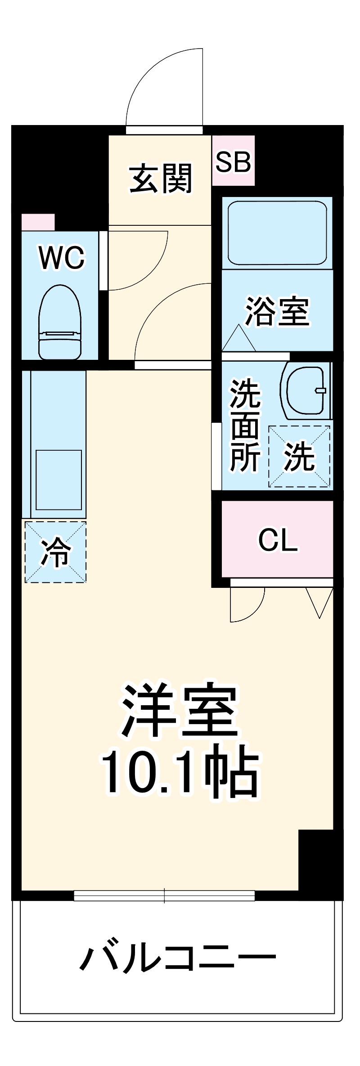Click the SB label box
tap(233, 161)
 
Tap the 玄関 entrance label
tap(161, 179)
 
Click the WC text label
tap(62, 258)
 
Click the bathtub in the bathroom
tap(277, 233)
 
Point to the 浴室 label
tap(277, 311)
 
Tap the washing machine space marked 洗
tap(299, 457)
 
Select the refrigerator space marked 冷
tap(55, 552)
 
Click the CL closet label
tap(278, 540)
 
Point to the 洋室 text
tap(179, 712)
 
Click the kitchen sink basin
tap(58, 479)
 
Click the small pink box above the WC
tap(38, 222)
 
